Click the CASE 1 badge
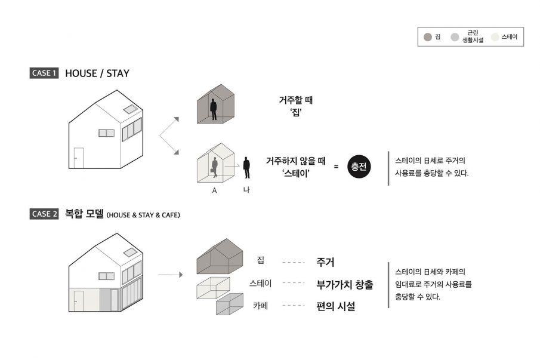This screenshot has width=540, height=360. (x=44, y=73)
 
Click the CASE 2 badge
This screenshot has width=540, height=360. (x=44, y=214)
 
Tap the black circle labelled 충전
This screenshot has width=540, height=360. (x=359, y=167)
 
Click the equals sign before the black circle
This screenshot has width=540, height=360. (x=336, y=167)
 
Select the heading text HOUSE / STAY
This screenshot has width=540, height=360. (x=97, y=73)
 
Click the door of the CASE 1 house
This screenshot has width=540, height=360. (x=79, y=159)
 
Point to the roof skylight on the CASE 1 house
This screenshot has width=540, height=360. (x=129, y=109)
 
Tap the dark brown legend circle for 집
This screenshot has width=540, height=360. (x=427, y=38)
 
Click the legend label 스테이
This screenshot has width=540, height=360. (x=509, y=37)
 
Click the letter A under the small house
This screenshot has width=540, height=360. (x=214, y=191)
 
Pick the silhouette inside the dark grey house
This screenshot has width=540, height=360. (x=213, y=110)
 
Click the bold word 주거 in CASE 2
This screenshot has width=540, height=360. (x=325, y=262)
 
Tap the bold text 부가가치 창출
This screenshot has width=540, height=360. (x=344, y=284)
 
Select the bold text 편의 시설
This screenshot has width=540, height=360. (x=335, y=307)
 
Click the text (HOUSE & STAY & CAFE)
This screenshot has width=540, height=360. (x=143, y=215)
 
